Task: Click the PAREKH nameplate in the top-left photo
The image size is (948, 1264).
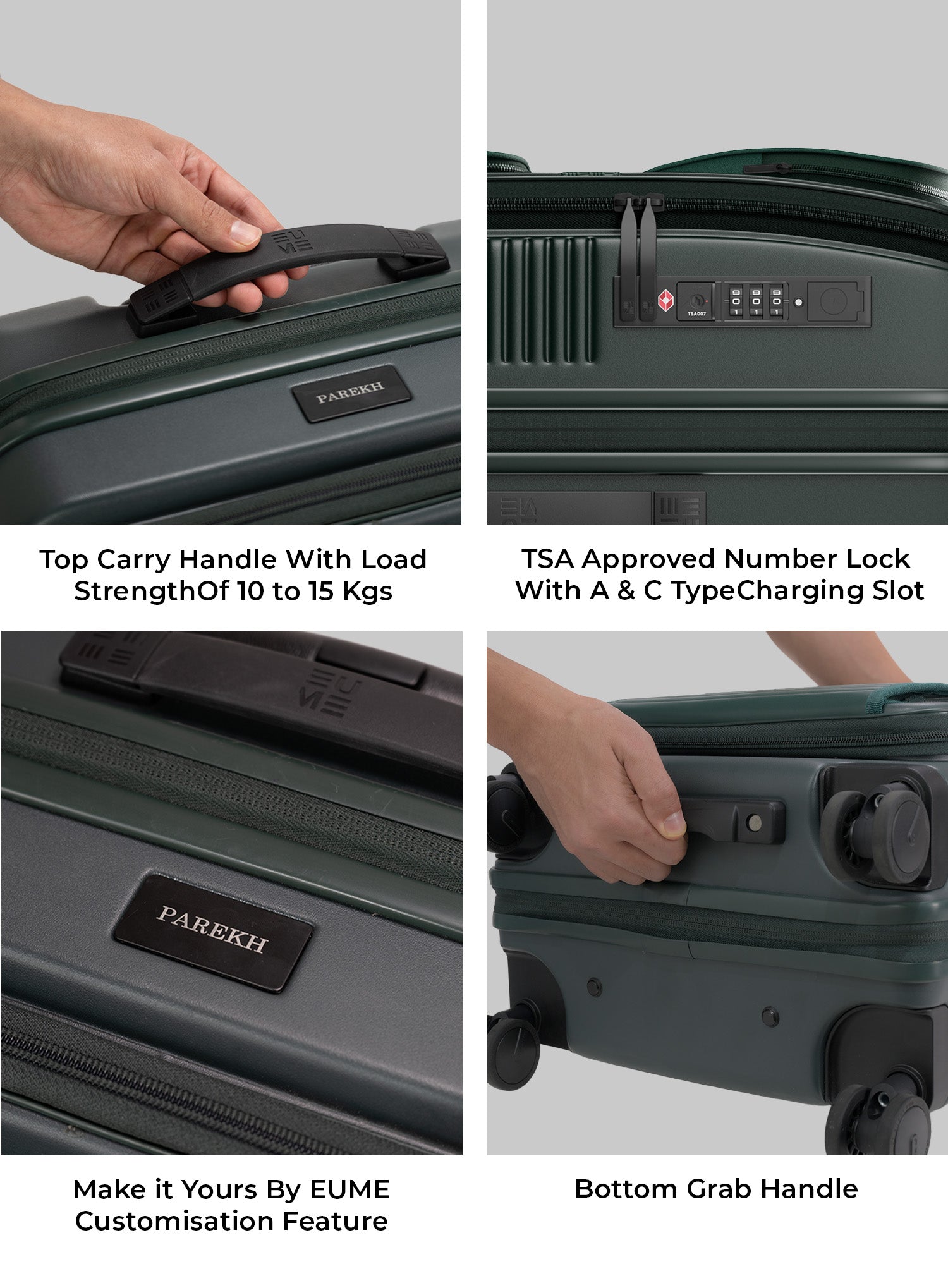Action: tap(351, 393)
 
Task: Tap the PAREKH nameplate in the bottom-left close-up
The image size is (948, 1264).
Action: tap(213, 932)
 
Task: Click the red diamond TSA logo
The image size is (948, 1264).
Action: tap(665, 301)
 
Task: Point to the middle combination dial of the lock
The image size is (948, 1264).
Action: tap(756, 301)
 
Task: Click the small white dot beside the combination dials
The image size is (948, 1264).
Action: tap(798, 302)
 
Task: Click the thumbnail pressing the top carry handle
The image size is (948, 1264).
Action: tap(245, 232)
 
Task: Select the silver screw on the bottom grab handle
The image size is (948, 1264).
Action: tap(753, 822)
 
